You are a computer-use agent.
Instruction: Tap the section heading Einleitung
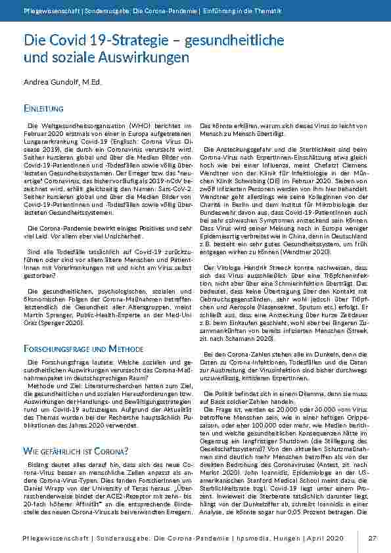[43, 108]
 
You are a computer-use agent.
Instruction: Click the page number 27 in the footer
[372, 539]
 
